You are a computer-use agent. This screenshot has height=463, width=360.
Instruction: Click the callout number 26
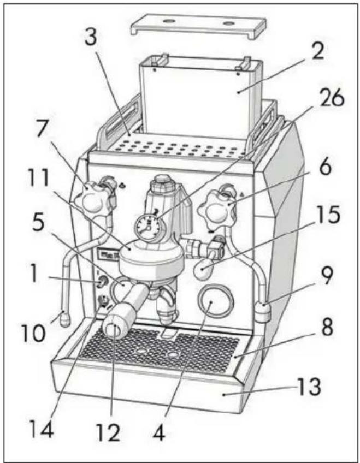[x=333, y=98]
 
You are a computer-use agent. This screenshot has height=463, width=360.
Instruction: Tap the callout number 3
[x=91, y=37]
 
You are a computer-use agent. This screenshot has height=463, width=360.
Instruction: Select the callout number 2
[x=318, y=50]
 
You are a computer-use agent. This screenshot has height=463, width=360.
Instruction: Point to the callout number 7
[x=43, y=129]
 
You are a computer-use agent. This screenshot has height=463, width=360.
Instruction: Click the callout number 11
[x=38, y=178]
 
